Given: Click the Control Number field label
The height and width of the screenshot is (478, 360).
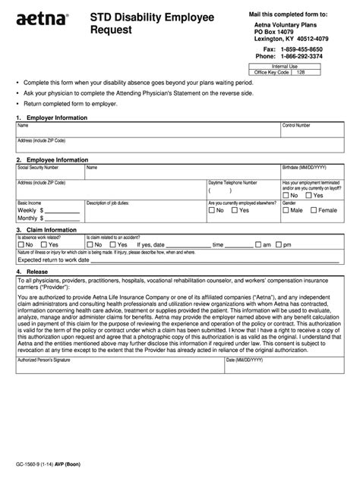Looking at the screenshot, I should click(x=297, y=125).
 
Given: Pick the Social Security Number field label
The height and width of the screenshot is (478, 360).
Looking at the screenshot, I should click(x=38, y=167).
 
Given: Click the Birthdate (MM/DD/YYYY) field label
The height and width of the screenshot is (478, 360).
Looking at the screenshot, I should click(x=303, y=167).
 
